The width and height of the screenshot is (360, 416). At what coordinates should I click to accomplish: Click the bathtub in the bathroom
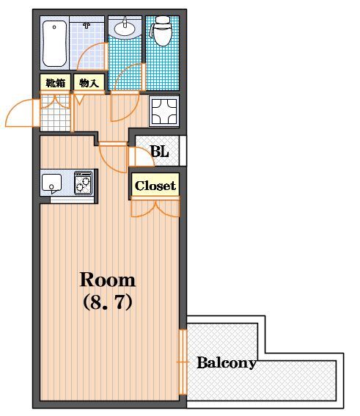(54, 44)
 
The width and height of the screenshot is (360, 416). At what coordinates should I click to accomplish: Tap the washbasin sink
(125, 27)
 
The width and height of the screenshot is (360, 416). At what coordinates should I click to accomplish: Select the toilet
(162, 31)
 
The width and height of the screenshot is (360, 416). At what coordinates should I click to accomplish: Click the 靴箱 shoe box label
(56, 84)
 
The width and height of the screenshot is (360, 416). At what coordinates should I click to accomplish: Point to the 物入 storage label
(89, 84)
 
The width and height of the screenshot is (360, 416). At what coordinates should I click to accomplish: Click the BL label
(160, 151)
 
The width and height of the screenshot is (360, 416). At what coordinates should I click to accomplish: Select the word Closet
(155, 186)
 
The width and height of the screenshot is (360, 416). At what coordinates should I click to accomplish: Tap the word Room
(108, 280)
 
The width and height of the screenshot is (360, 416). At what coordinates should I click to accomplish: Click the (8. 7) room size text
(108, 302)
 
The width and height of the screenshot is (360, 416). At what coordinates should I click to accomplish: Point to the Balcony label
(227, 362)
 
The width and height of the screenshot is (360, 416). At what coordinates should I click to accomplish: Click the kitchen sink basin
(52, 183)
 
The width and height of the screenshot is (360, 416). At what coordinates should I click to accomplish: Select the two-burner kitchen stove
(84, 183)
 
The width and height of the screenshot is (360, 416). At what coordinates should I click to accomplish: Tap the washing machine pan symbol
(164, 112)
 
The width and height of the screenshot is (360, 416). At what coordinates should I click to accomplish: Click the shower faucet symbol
(87, 26)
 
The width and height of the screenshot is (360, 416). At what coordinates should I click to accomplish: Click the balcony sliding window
(183, 362)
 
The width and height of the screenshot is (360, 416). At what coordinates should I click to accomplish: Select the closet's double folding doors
(155, 207)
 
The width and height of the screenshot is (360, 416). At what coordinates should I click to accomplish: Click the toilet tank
(162, 20)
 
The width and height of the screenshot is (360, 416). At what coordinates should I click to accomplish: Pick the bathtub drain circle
(54, 27)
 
